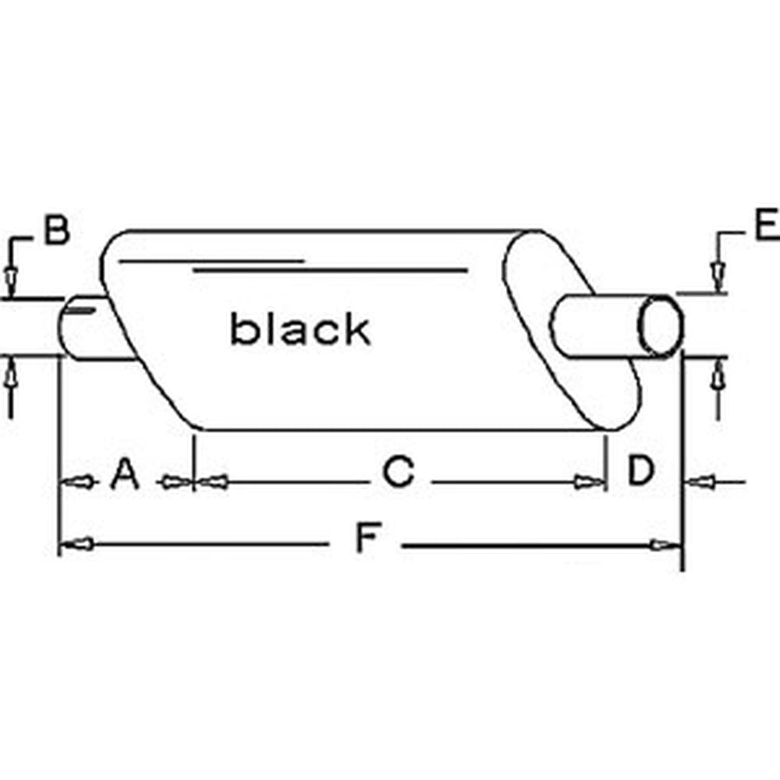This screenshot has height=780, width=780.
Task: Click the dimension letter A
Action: click(x=124, y=473)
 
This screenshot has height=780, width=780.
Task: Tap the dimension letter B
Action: click(x=57, y=229)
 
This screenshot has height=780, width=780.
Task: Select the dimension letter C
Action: click(x=398, y=470)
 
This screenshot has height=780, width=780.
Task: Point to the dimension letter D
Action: click(x=640, y=470)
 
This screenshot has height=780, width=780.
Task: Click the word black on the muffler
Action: click(x=300, y=328)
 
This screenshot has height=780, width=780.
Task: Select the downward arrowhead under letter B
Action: click(x=10, y=280)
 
